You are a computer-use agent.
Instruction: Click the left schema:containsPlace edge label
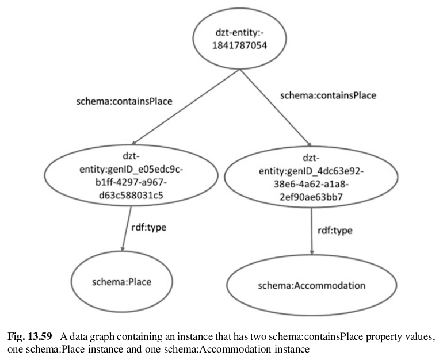pyautogui.click(x=125, y=101)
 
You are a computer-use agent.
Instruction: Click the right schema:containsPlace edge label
pyautogui.click(x=328, y=95)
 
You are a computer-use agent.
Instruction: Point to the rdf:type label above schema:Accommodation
pyautogui.click(x=335, y=231)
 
